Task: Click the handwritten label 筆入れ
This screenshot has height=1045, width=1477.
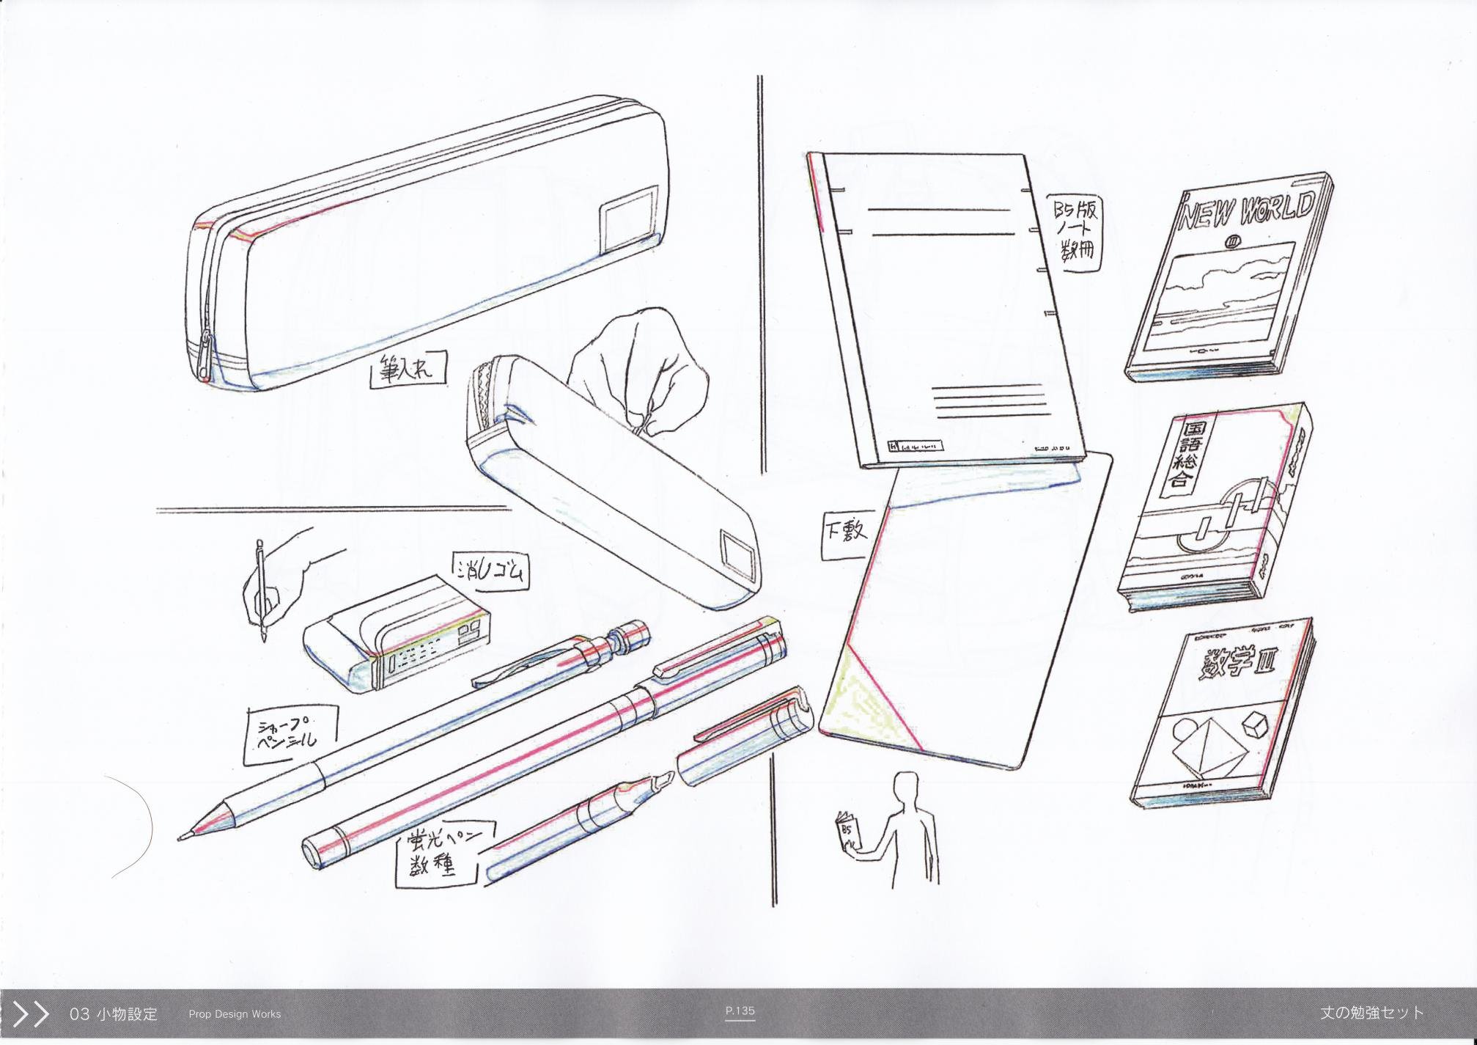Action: tap(408, 368)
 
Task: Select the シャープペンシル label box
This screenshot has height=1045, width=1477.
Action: tap(290, 735)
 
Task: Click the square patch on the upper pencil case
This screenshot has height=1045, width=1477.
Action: tap(627, 218)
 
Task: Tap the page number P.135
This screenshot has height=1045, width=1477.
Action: tap(740, 1011)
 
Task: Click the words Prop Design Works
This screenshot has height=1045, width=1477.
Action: tap(235, 1014)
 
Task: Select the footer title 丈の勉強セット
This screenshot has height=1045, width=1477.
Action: tap(1371, 1013)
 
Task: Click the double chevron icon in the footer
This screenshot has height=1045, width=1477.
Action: tap(31, 1014)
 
